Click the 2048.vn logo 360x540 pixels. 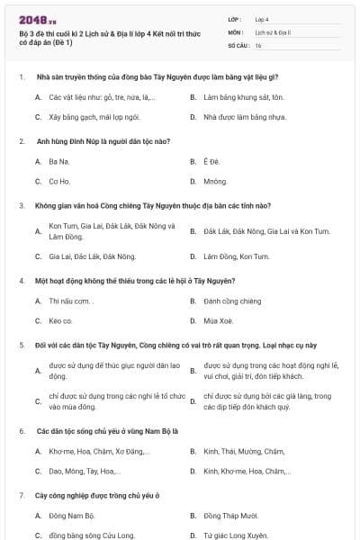coord(33,19)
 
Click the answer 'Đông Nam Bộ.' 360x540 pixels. coord(71,516)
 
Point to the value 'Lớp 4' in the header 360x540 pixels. coord(262,19)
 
